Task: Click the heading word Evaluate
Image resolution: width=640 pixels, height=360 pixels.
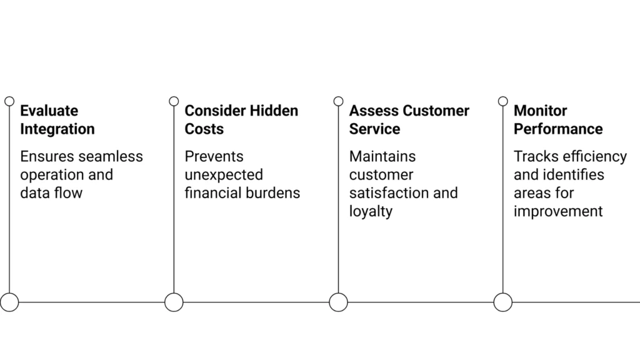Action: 49,111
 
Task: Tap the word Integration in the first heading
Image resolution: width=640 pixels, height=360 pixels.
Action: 57,129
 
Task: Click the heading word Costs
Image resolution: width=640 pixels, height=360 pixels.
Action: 204,129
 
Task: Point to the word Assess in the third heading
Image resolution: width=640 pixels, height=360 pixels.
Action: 374,111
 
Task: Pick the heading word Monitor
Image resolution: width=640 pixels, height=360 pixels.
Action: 540,111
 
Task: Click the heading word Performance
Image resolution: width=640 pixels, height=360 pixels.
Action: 558,129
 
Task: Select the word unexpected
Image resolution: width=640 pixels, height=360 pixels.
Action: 223,175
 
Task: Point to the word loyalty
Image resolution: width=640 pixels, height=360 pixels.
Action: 371,211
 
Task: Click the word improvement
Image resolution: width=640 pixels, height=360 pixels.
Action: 558,211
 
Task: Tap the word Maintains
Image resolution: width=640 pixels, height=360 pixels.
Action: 382,156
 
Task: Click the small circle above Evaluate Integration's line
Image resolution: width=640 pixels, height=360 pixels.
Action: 9,101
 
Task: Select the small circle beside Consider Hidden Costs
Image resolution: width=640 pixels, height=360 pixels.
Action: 174,101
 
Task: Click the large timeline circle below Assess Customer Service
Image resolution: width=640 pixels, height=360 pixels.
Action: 338,302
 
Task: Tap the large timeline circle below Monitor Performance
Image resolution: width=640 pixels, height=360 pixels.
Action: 502,302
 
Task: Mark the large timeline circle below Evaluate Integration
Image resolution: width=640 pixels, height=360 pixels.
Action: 9,302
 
